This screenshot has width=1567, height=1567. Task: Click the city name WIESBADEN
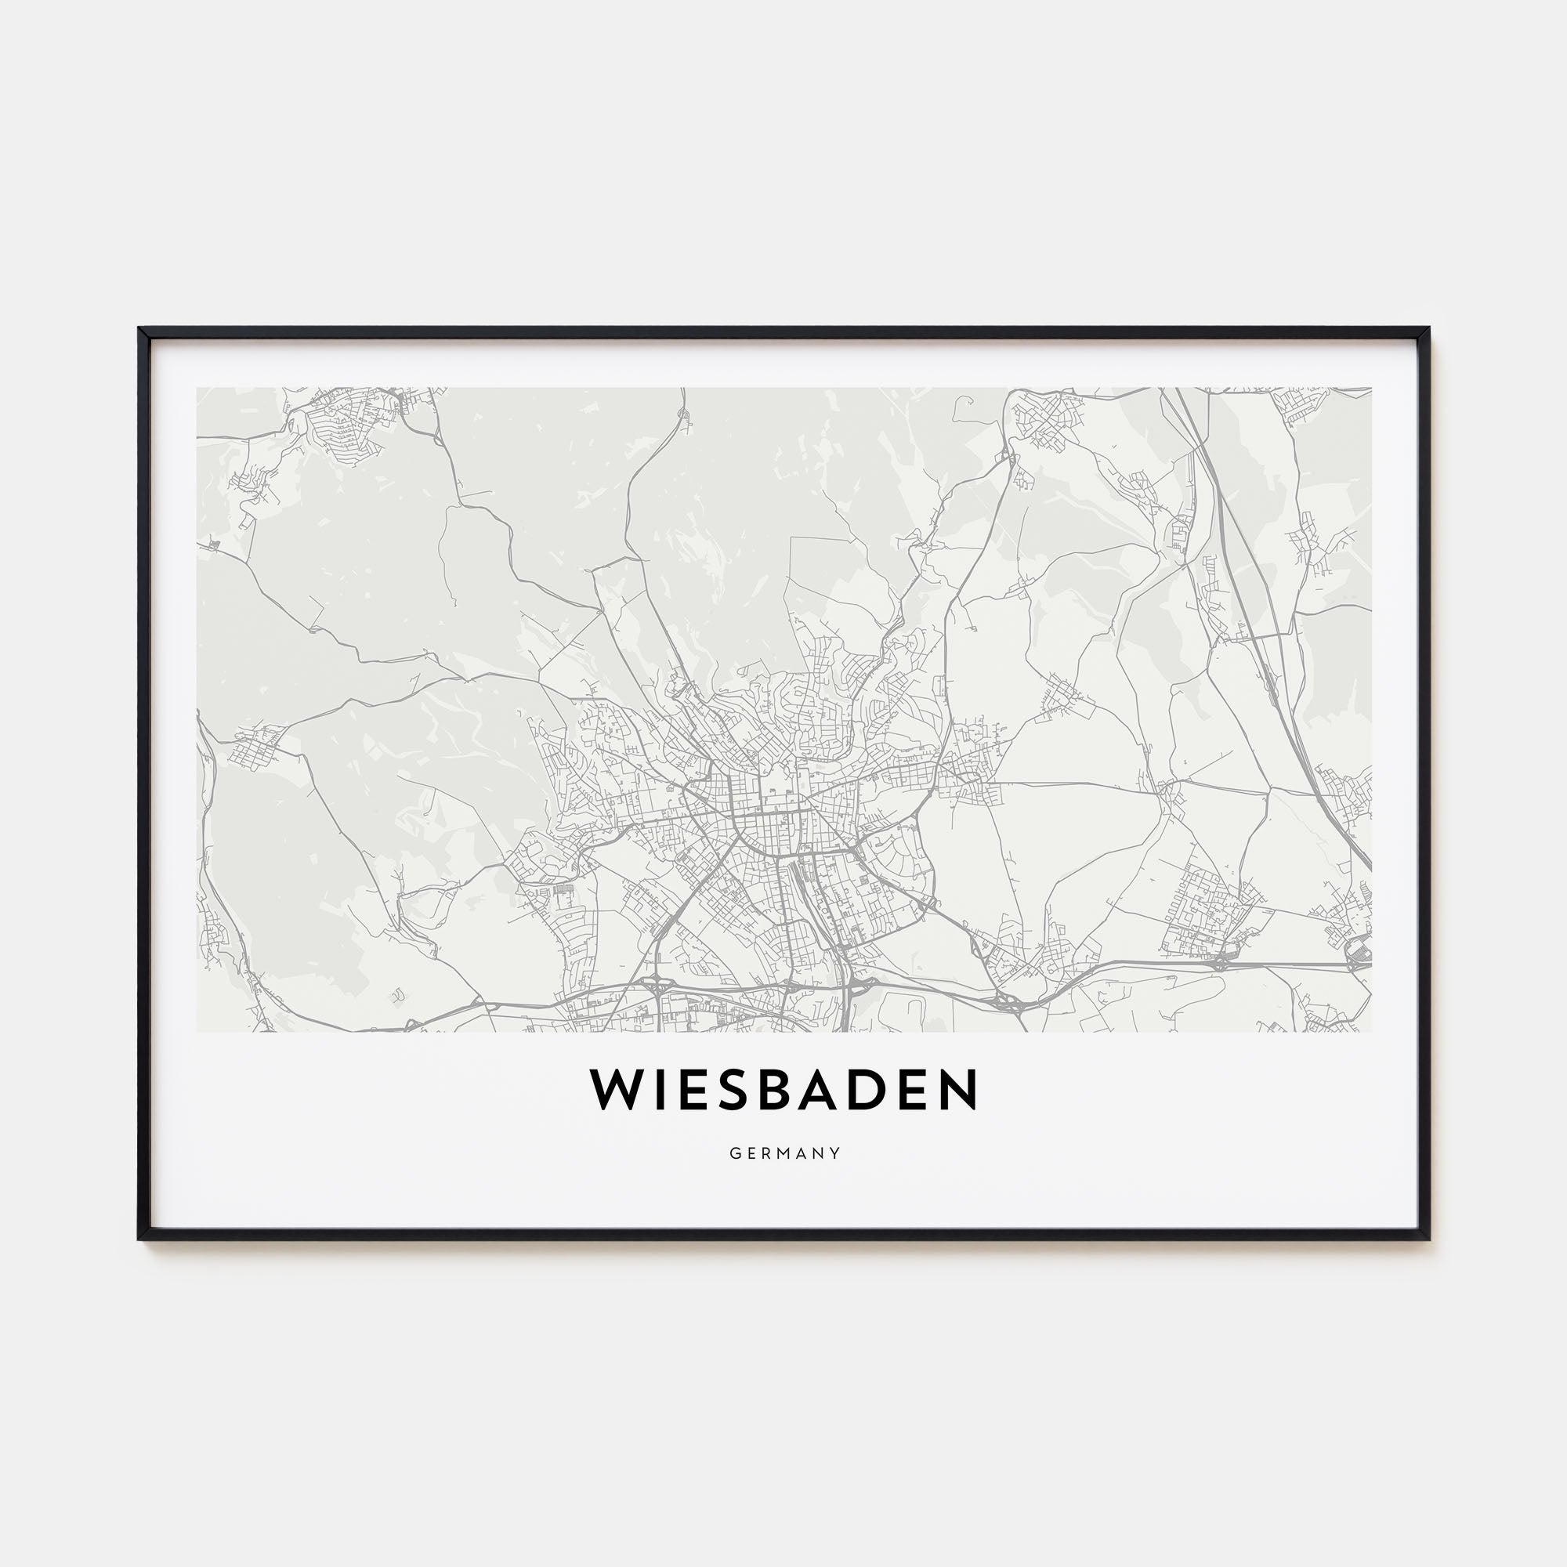[783, 1091]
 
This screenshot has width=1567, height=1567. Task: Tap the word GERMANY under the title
[784, 1153]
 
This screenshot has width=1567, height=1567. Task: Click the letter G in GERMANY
[734, 1153]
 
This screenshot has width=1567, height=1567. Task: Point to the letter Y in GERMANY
[835, 1153]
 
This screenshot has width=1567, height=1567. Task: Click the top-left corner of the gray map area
[197, 388]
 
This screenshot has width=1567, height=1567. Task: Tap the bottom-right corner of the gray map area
[1372, 1032]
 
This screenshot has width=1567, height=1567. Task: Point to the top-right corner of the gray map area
[1372, 388]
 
